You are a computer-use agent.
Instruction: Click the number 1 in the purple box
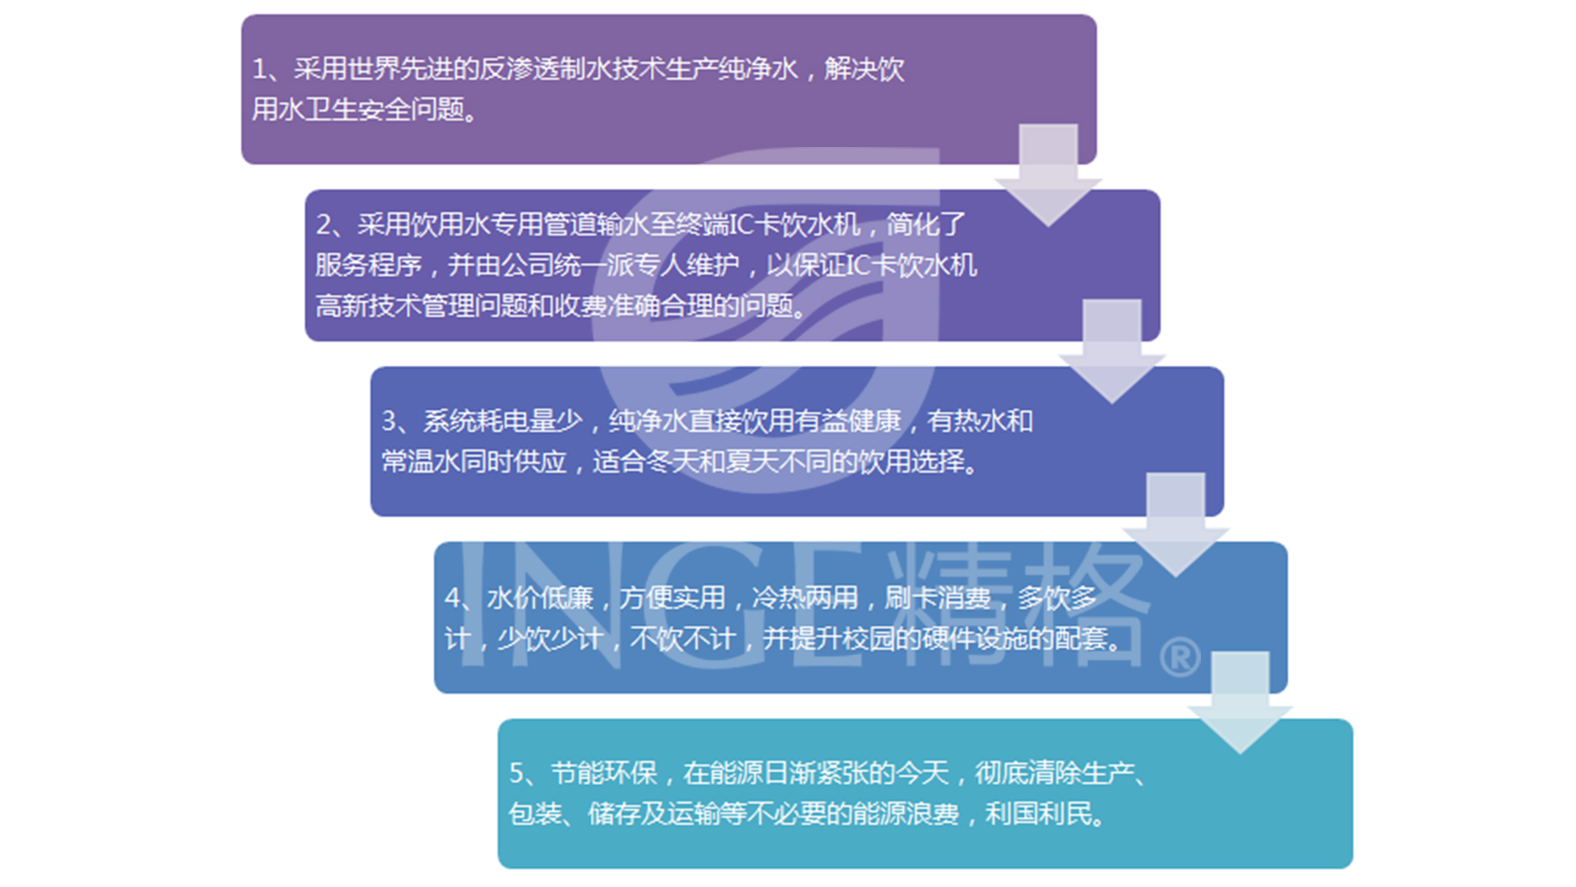(259, 69)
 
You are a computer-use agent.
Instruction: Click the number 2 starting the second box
(324, 224)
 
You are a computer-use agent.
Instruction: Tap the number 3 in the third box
(389, 421)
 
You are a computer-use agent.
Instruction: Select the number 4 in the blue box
(452, 598)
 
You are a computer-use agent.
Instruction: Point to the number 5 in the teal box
(516, 773)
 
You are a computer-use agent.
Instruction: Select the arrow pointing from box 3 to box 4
(1175, 524)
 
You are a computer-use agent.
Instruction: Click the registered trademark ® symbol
(1180, 657)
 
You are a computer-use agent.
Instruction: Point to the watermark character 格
(1075, 604)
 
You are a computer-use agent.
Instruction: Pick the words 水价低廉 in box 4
(539, 598)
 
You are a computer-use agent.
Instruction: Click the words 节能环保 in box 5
(604, 773)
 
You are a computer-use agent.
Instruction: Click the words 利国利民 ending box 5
(1038, 814)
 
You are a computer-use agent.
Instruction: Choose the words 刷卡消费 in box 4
(937, 598)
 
